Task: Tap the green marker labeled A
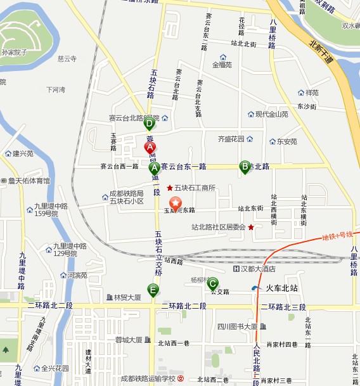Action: pos(154,168)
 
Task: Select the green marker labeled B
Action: pos(245,167)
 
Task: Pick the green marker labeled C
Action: pos(213,283)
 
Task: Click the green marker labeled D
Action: pos(150,124)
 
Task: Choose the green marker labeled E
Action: pos(153,290)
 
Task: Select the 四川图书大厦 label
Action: pos(237,326)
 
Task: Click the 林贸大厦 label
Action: pos(127,297)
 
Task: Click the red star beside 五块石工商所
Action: pos(169,188)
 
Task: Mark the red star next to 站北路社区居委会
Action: pos(251,227)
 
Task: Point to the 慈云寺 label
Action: pos(67,59)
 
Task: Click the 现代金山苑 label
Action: pos(271,115)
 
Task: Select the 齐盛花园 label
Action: pos(231,138)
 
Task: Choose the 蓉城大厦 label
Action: pos(129,340)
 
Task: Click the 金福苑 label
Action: pos(222,65)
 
